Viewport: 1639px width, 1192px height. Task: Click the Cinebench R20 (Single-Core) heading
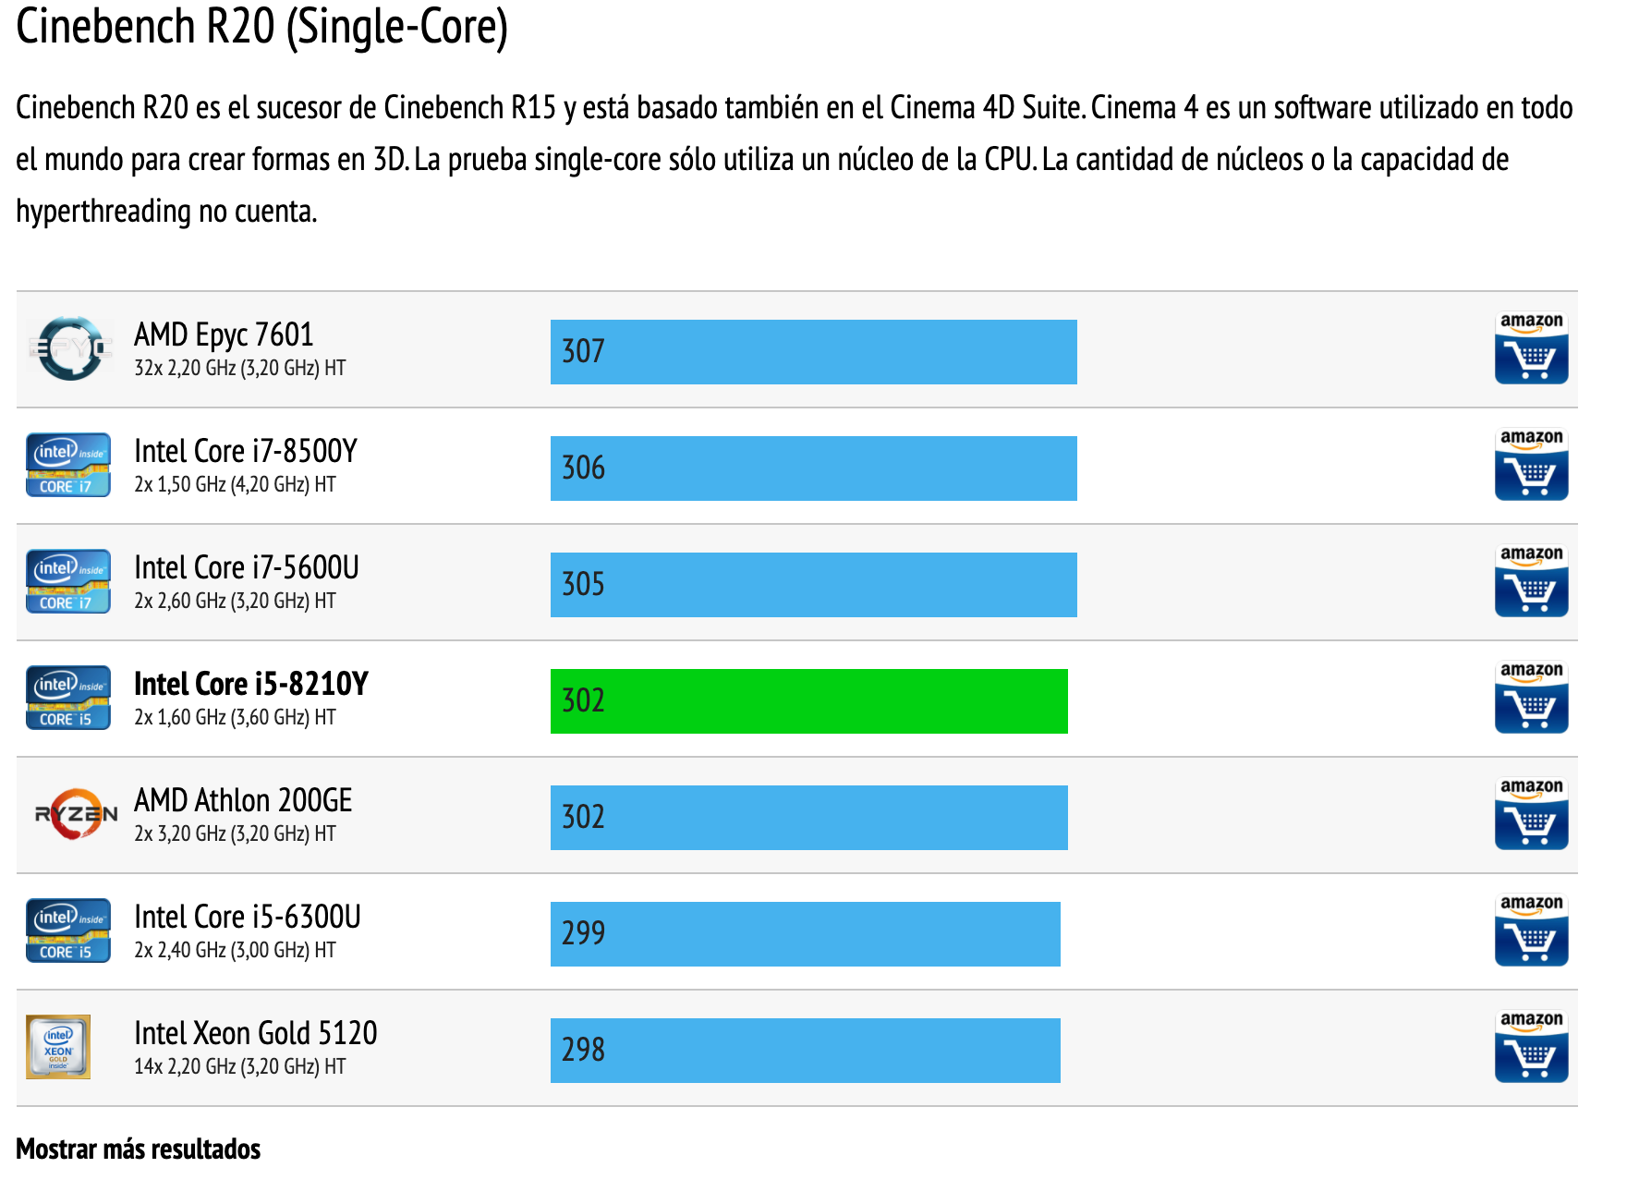pyautogui.click(x=261, y=27)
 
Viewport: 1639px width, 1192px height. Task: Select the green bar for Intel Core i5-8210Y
pyautogui.click(x=808, y=701)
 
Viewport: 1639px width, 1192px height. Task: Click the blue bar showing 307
pyautogui.click(x=813, y=352)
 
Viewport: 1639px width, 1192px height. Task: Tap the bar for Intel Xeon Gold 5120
pyautogui.click(x=805, y=1051)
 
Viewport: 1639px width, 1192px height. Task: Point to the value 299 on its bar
pyautogui.click(x=583, y=934)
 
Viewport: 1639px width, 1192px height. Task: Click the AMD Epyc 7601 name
pyautogui.click(x=224, y=334)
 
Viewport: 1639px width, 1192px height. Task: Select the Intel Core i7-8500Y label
pyautogui.click(x=245, y=451)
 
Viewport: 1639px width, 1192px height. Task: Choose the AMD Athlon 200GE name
pyautogui.click(x=243, y=800)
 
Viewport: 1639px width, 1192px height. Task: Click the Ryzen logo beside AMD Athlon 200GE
pyautogui.click(x=75, y=814)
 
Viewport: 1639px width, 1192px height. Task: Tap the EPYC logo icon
pyautogui.click(x=70, y=348)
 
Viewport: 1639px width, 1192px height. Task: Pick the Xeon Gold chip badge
pyautogui.click(x=58, y=1047)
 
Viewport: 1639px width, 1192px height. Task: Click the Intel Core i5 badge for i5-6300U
pyautogui.click(x=68, y=930)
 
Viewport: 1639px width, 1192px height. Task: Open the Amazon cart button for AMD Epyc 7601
pyautogui.click(x=1531, y=348)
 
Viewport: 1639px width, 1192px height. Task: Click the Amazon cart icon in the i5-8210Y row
pyautogui.click(x=1531, y=698)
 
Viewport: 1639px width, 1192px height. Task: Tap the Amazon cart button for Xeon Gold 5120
pyautogui.click(x=1531, y=1047)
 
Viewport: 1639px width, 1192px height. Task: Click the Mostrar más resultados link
pyautogui.click(x=139, y=1149)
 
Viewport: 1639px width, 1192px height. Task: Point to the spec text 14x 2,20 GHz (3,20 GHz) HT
pyautogui.click(x=239, y=1067)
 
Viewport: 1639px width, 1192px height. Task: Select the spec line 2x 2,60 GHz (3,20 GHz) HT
pyautogui.click(x=235, y=602)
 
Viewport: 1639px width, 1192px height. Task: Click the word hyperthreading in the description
pyautogui.click(x=103, y=212)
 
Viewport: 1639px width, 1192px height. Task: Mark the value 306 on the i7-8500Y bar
pyautogui.click(x=583, y=468)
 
